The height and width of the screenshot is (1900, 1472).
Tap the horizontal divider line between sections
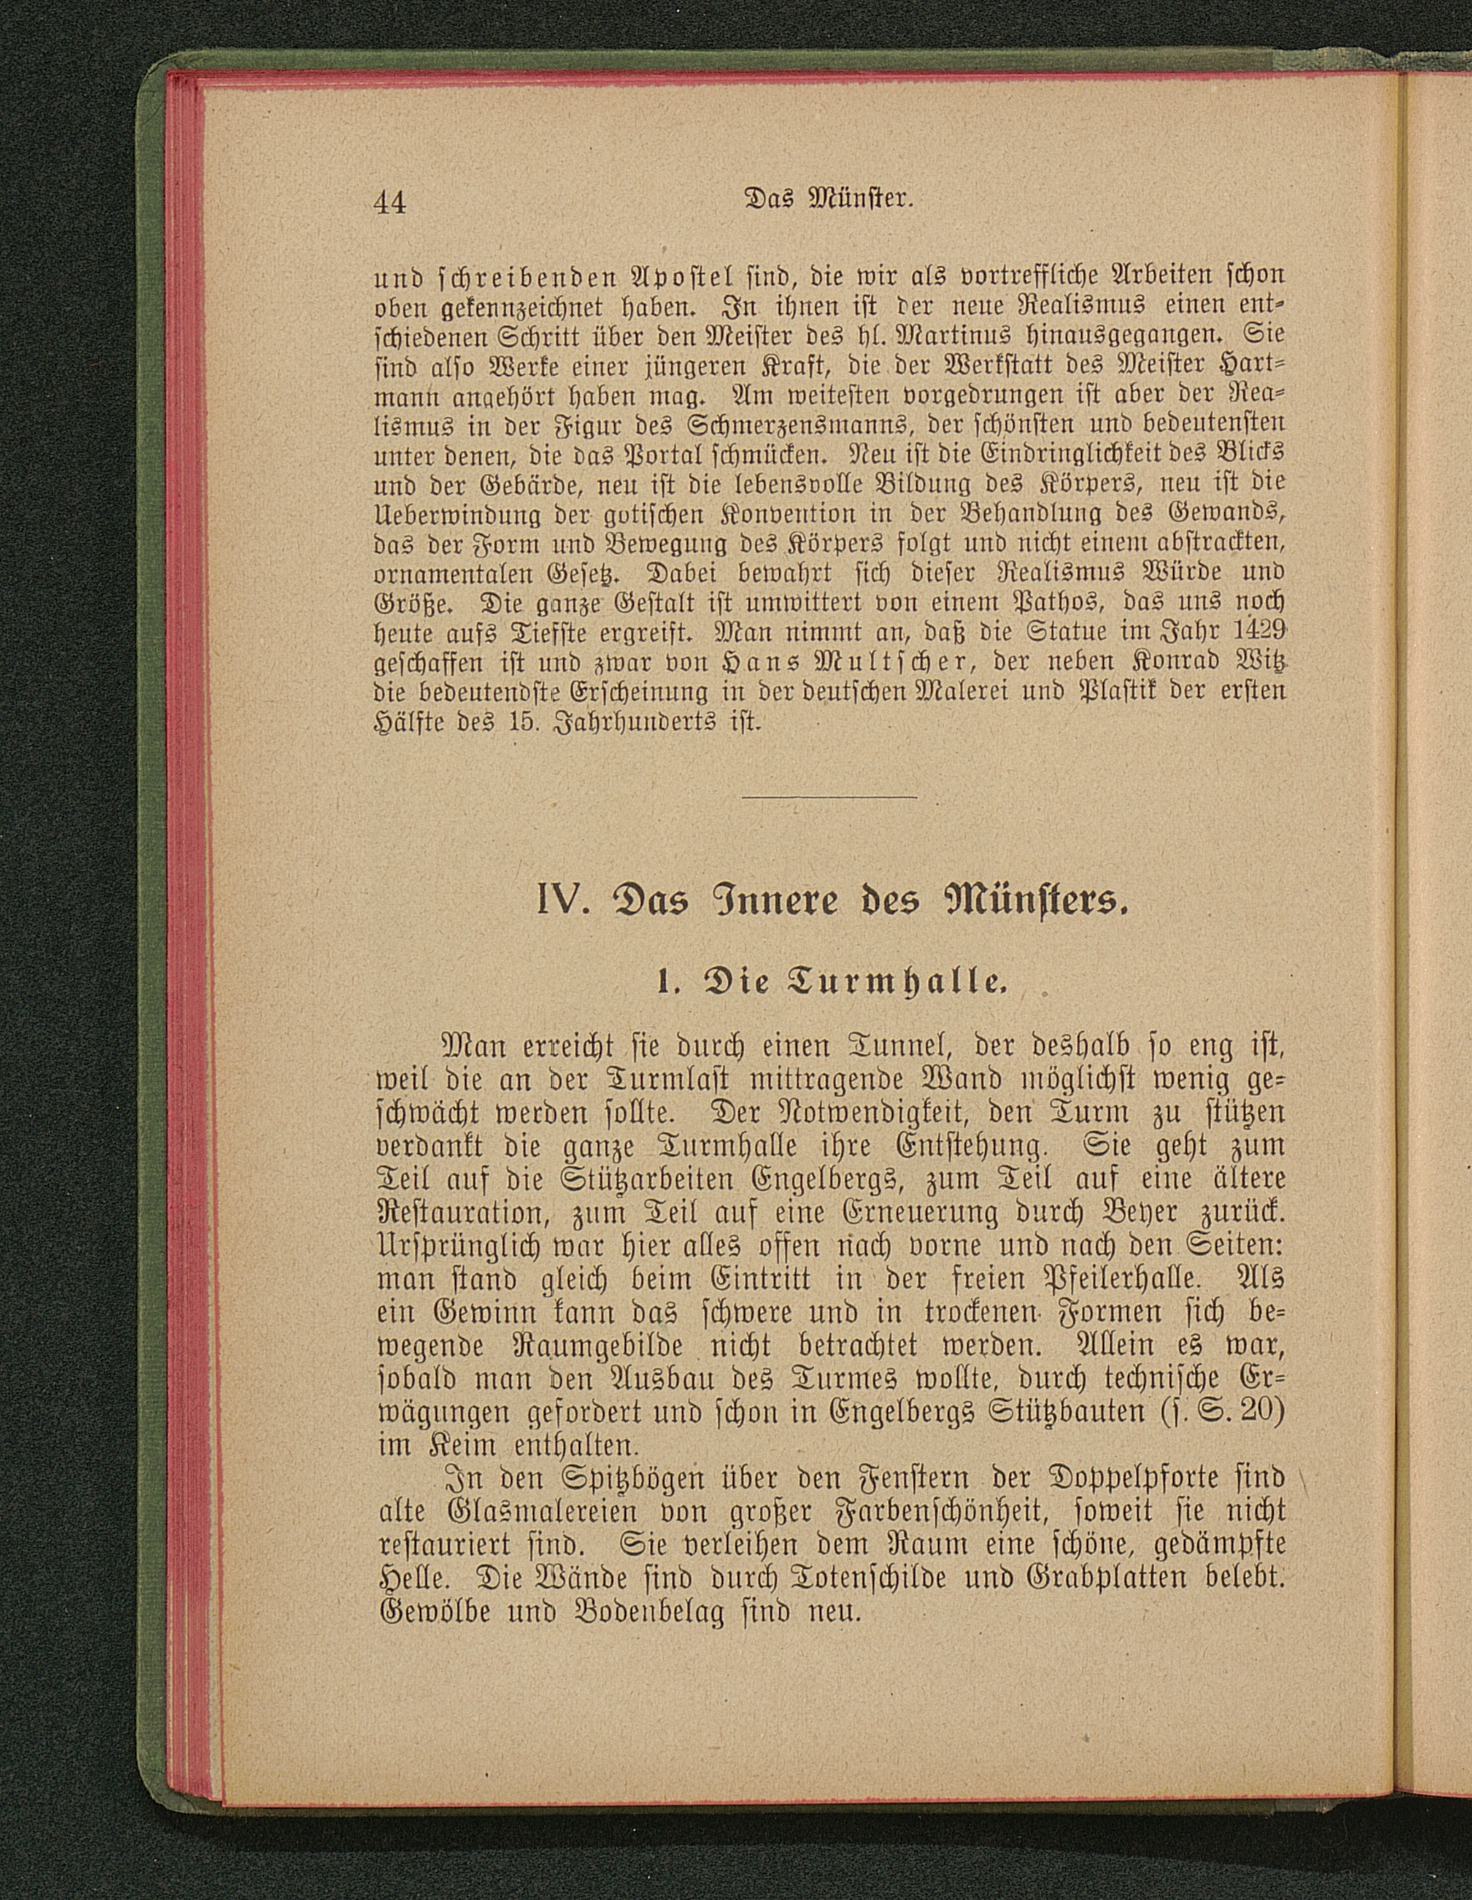832,796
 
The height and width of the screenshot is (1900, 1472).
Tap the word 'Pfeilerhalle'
1110,1279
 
